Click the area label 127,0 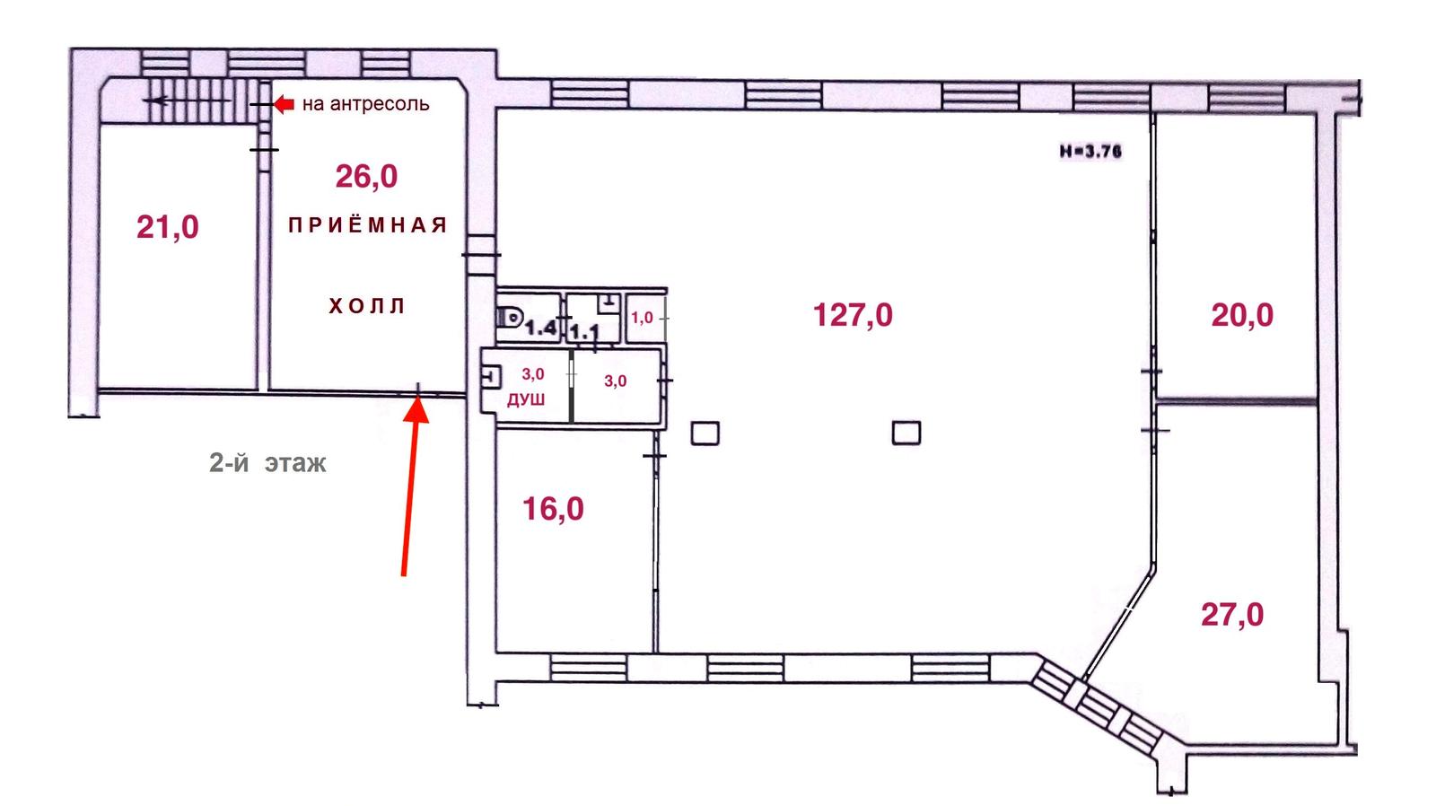click(x=853, y=315)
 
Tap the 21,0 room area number click(x=168, y=227)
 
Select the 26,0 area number click(x=367, y=176)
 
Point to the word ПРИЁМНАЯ click(x=367, y=225)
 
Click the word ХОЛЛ click(x=367, y=306)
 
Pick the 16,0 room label click(x=553, y=509)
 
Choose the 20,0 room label click(x=1242, y=315)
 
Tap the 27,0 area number click(x=1232, y=615)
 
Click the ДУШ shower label click(x=526, y=400)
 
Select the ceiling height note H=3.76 click(x=1090, y=152)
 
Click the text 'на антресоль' click(x=365, y=104)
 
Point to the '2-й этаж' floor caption click(x=268, y=463)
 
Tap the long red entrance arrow click(x=410, y=486)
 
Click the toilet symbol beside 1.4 click(x=511, y=317)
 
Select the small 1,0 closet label click(x=642, y=318)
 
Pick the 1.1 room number click(x=584, y=332)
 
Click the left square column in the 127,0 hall click(x=705, y=434)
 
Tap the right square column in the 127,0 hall click(x=906, y=433)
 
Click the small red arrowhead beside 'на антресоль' click(x=284, y=104)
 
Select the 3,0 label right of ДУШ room click(x=616, y=381)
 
